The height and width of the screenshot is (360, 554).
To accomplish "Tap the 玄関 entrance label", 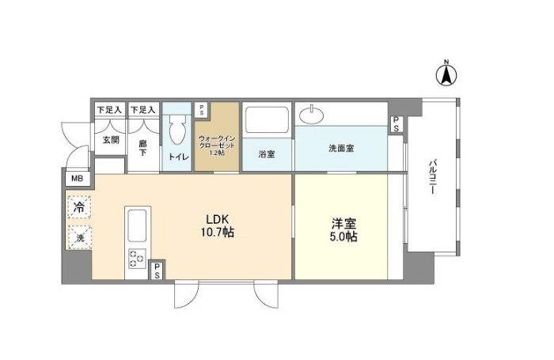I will tap(110, 140).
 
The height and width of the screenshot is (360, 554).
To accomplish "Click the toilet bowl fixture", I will tap(177, 131).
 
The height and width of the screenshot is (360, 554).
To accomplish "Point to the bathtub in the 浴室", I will tap(267, 120).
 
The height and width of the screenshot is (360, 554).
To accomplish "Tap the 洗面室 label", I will tap(341, 148).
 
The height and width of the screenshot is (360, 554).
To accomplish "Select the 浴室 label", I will tap(267, 154).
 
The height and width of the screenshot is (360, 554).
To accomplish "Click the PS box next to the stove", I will tap(157, 271).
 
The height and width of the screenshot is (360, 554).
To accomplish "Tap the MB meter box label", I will tap(77, 179).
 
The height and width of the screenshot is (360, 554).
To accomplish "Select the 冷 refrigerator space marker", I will tap(79, 207).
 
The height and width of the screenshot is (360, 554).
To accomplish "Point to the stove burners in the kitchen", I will tap(136, 257).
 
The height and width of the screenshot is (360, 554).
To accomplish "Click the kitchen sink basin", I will tap(137, 226).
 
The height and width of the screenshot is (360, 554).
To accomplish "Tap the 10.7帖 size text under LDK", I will tap(218, 233).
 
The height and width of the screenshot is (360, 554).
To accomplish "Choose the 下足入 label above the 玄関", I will tap(108, 108).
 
